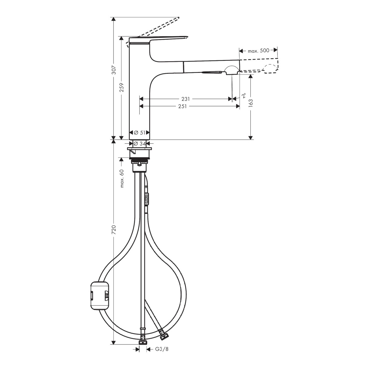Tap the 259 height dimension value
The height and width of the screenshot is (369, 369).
pyautogui.click(x=122, y=87)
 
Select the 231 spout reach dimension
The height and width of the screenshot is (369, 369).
pyautogui.click(x=185, y=99)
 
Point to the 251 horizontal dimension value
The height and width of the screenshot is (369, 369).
pyautogui.click(x=182, y=106)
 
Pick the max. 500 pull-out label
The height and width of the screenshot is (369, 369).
pyautogui.click(x=259, y=51)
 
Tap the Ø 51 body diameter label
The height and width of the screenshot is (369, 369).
pyautogui.click(x=140, y=133)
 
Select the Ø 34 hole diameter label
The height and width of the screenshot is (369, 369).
pyautogui.click(x=140, y=143)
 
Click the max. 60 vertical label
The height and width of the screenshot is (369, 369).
pyautogui.click(x=122, y=178)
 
